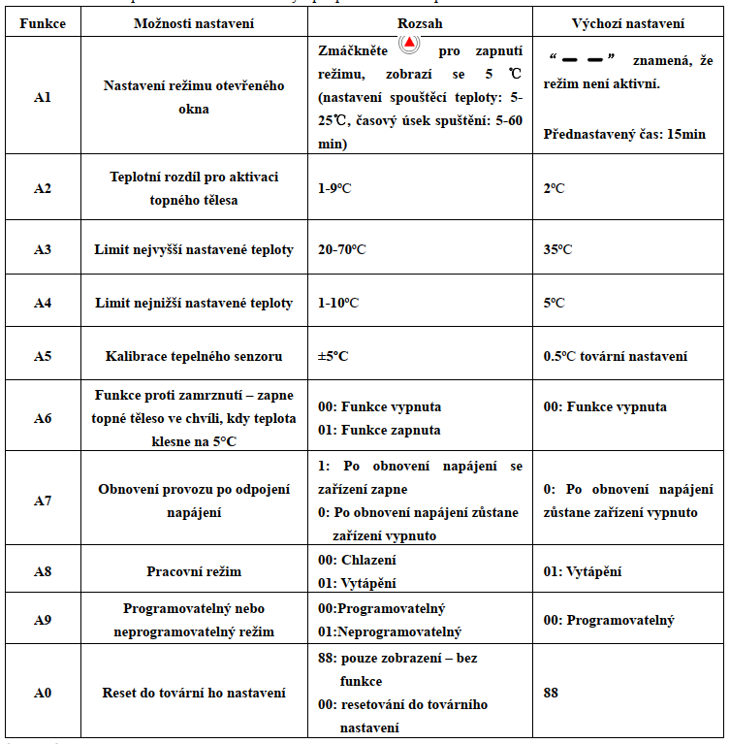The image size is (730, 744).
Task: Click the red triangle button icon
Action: coord(411,43)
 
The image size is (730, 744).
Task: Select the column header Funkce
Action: coord(42,21)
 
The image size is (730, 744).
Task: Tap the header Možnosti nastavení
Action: coord(193,21)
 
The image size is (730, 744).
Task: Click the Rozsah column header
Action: coord(420,21)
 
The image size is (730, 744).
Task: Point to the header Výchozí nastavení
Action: coord(628,21)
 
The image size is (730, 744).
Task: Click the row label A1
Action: coord(42,97)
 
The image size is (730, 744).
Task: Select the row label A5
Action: coord(42,356)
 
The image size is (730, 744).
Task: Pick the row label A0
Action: coord(42,693)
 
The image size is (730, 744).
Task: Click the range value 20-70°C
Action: coord(341,249)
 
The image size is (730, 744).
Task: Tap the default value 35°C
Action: coord(557,249)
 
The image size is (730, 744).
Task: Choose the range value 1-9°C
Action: coord(334,188)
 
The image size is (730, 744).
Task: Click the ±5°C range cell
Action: coord(333,356)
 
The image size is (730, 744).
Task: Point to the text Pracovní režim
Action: coord(194,571)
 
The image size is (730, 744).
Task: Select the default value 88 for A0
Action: coord(551,693)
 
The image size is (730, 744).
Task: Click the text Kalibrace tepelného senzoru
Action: coord(194,356)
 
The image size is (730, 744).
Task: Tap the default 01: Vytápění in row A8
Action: coord(583,571)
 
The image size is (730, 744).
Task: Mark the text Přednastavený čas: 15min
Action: coord(624,133)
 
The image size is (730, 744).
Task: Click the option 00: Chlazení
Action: coord(357,560)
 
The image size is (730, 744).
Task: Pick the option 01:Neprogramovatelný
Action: coord(390,632)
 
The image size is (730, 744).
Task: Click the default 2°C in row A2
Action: coord(554,188)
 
